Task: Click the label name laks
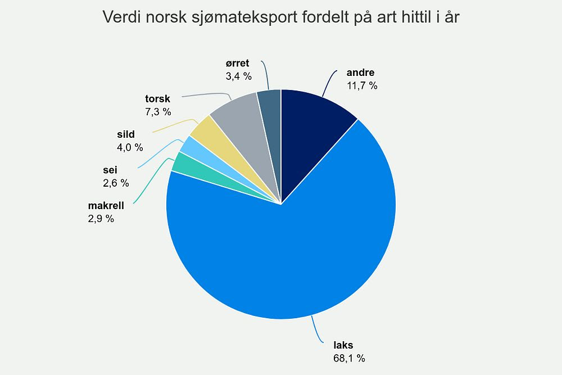coord(343,345)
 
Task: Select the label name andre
coord(360,73)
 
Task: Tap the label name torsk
coord(157,98)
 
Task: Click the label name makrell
coord(105,206)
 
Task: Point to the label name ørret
coord(236,63)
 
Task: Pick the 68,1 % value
coord(350,358)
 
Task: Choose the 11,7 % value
coord(362,85)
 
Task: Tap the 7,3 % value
coord(158,111)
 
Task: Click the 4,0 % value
coord(130,147)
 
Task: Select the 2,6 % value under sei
coord(116,183)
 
